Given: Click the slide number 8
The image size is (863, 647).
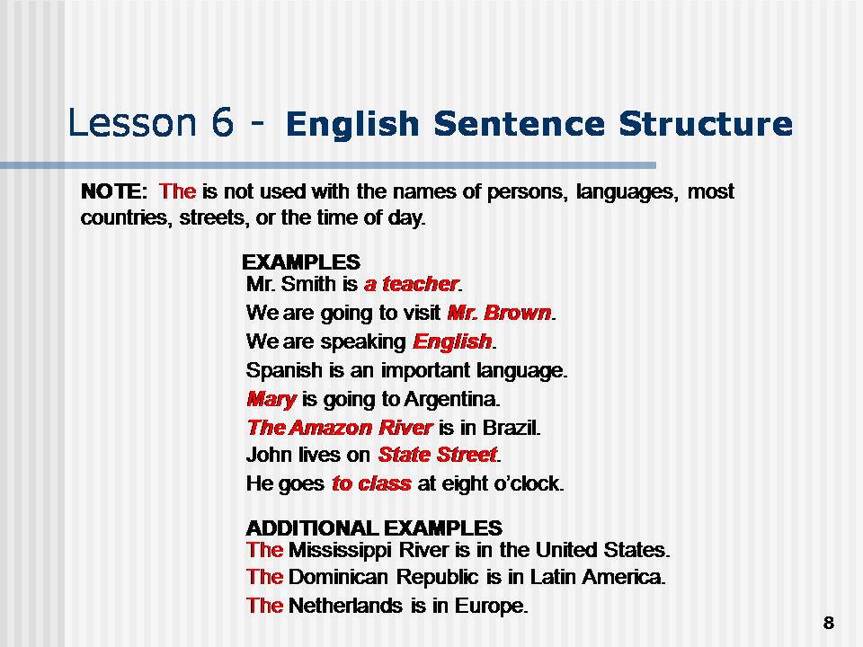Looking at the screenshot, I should click(x=828, y=624).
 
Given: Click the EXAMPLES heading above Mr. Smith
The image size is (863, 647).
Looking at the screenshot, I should click(x=301, y=262).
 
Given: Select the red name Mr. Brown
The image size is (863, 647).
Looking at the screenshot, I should click(x=499, y=314).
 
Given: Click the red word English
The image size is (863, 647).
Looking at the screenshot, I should click(x=452, y=342).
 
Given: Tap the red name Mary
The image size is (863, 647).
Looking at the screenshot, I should click(x=271, y=398).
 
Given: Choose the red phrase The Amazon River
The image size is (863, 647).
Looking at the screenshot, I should click(x=340, y=427).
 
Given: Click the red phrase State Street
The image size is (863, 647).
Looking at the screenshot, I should click(x=438, y=455).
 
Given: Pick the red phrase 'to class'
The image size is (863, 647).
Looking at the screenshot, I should click(x=371, y=483).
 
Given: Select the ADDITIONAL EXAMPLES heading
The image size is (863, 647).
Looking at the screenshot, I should click(x=374, y=527).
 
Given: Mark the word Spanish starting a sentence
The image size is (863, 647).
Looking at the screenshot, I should click(x=279, y=370).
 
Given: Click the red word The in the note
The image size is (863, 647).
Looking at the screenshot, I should click(x=177, y=191).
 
